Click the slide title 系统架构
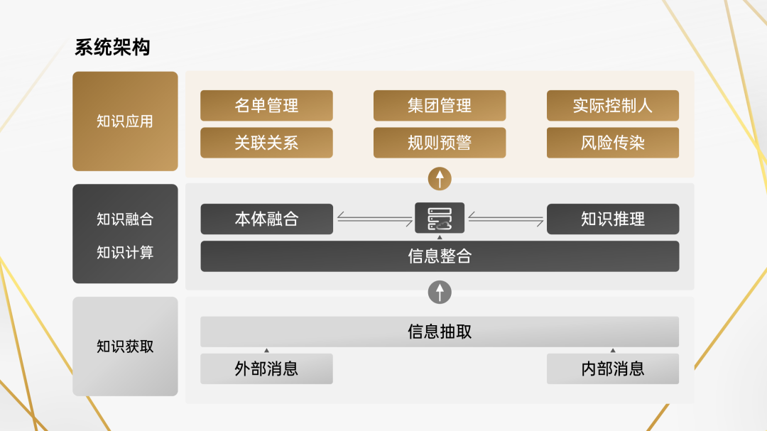click(x=112, y=48)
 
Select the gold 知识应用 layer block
click(x=125, y=121)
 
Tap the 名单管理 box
click(x=266, y=105)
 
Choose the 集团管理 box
click(x=440, y=105)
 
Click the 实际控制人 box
click(x=613, y=105)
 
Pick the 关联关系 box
click(x=266, y=143)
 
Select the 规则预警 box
click(x=440, y=143)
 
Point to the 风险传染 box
click(x=613, y=143)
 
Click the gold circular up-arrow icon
click(x=440, y=178)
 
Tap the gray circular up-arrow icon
click(x=440, y=292)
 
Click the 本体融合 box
click(x=266, y=219)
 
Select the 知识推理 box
click(x=613, y=219)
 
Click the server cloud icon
click(x=440, y=218)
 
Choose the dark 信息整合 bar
click(x=440, y=256)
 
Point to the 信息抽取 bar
click(x=440, y=332)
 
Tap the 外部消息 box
click(x=266, y=369)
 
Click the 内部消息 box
click(x=613, y=369)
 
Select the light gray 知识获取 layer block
click(x=125, y=347)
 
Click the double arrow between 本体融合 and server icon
click(x=375, y=219)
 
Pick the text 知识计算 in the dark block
click(x=125, y=253)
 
